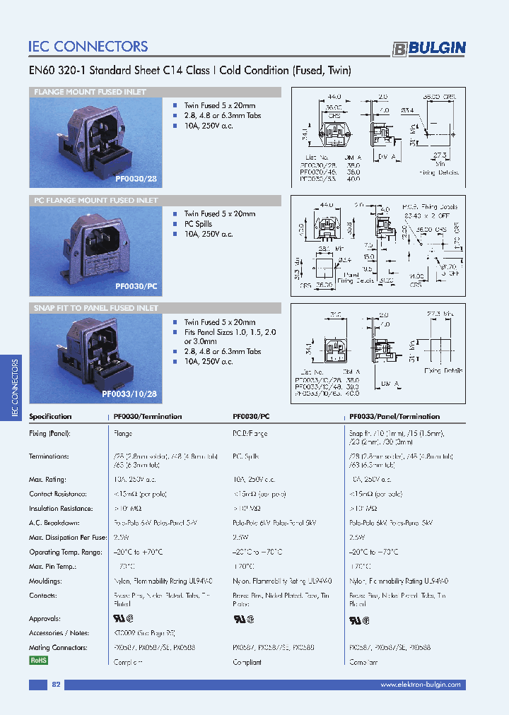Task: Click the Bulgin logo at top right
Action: [x=429, y=48]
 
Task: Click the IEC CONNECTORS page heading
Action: [x=88, y=47]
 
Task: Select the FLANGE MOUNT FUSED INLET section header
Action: [x=90, y=93]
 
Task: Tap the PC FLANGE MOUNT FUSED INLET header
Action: [x=96, y=201]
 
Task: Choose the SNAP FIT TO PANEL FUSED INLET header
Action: [x=96, y=309]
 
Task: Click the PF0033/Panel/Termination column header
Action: [x=394, y=417]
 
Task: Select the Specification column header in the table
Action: [x=50, y=417]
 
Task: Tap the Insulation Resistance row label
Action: [x=61, y=508]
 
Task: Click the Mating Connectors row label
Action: [x=58, y=647]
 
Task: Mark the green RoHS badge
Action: [x=39, y=661]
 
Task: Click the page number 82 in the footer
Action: [x=57, y=685]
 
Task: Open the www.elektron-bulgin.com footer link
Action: [x=420, y=685]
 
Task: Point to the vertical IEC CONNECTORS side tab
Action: [x=16, y=389]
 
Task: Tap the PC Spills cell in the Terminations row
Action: [x=247, y=456]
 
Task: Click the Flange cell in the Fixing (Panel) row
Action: [x=123, y=433]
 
